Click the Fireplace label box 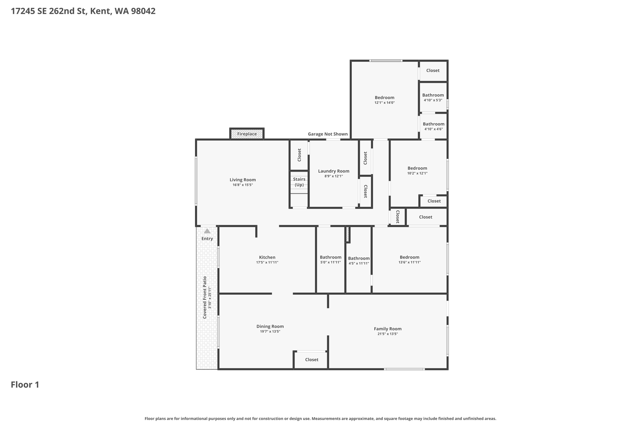coord(247,134)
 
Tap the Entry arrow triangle coord(207,231)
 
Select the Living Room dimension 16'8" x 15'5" coord(243,185)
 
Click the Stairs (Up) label coord(299,182)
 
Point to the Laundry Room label coord(334,171)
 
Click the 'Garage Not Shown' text coord(328,134)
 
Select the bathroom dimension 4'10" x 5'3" coord(433,100)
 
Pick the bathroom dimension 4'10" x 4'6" coord(433,129)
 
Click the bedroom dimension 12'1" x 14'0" coord(384,103)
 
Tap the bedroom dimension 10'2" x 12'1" coord(417,173)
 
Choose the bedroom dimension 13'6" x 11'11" coord(409,262)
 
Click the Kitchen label coord(267,257)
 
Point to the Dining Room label coord(270,326)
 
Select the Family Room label coord(387,329)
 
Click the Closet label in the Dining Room coord(311,360)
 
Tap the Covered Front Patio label coord(205,297)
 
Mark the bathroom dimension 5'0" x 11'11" coord(331,262)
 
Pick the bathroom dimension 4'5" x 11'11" coord(359,263)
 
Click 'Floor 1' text coord(25,385)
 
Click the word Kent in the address coord(100,11)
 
